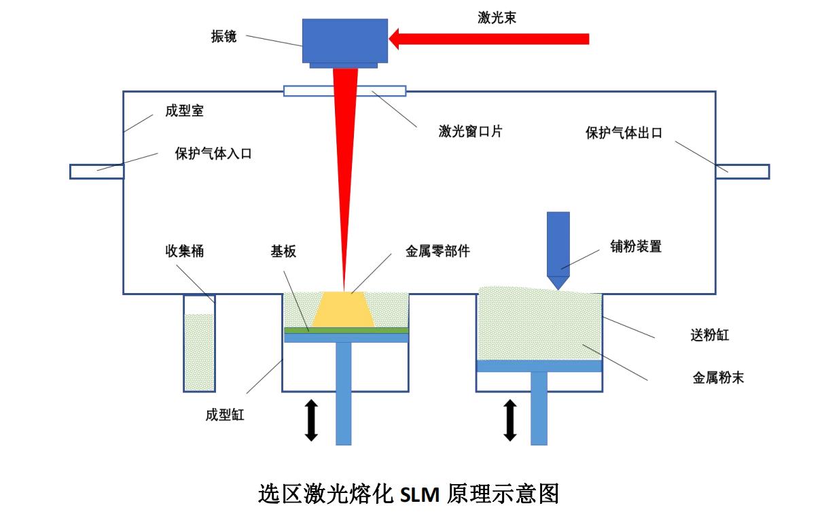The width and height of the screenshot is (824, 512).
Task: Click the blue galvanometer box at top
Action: [x=344, y=41]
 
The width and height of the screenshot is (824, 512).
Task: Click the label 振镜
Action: [x=224, y=36]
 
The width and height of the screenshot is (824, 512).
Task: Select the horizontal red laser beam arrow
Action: [x=489, y=39]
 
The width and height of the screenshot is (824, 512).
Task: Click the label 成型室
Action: [x=184, y=110]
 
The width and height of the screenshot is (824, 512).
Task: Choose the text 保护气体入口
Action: [x=213, y=154]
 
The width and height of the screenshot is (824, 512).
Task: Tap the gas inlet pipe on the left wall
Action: [x=96, y=171]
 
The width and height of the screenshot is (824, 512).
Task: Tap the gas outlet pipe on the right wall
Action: [x=742, y=171]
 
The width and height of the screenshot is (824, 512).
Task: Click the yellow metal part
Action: [x=344, y=310]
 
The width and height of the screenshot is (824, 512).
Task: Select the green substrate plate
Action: [x=346, y=330]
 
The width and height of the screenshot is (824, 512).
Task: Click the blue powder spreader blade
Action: [x=558, y=248]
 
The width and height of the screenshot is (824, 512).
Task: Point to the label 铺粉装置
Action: [x=636, y=247]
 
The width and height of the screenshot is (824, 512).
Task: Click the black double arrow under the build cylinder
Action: [x=311, y=420]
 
